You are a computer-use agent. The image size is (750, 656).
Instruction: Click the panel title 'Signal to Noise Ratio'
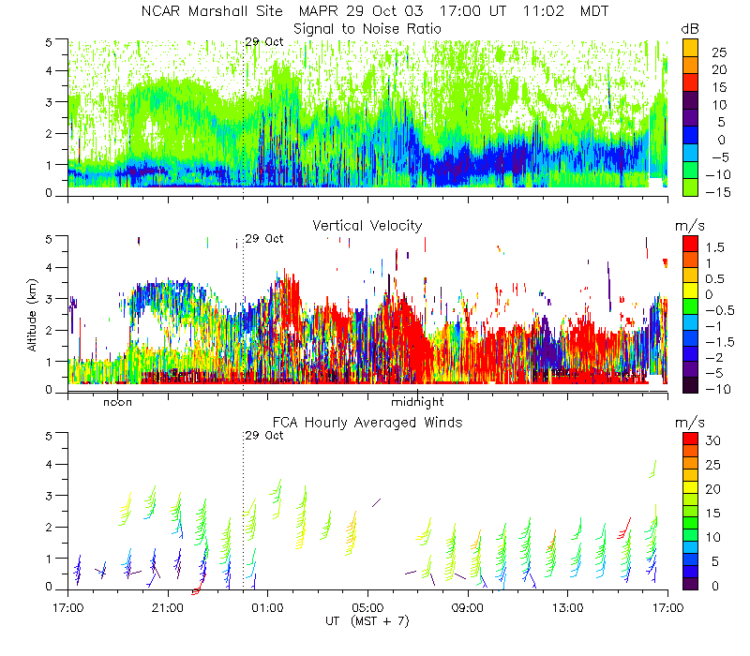click(x=367, y=28)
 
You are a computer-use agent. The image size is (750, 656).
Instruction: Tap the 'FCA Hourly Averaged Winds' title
click(x=367, y=423)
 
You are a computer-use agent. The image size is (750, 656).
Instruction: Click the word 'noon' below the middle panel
click(x=117, y=403)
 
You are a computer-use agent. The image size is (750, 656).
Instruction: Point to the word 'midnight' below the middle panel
click(x=417, y=403)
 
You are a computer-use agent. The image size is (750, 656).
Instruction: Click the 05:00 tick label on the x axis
click(x=367, y=606)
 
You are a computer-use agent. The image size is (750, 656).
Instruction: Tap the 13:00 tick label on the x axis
click(x=567, y=606)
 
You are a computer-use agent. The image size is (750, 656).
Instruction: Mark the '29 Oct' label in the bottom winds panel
click(x=263, y=436)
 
